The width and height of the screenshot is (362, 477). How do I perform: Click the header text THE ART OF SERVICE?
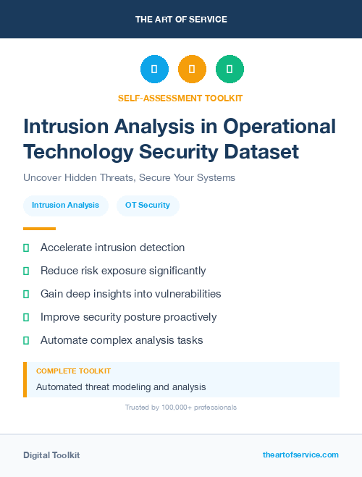(181, 19)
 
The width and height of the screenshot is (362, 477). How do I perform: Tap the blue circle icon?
(154, 69)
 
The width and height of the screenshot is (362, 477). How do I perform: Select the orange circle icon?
(192, 69)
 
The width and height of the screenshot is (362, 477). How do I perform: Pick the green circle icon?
(230, 69)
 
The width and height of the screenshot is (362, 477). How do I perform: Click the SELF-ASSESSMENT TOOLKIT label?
(181, 98)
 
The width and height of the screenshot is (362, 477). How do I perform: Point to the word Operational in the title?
(279, 127)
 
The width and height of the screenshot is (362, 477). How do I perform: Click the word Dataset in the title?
(261, 152)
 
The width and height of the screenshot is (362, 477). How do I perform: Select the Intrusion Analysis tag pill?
(66, 206)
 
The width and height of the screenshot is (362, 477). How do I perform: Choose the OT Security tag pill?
(148, 206)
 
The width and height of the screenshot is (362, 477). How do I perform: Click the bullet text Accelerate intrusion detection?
(112, 248)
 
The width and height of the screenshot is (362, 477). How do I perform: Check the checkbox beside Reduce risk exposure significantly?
(26, 271)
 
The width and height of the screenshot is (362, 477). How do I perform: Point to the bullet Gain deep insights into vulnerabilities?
(130, 294)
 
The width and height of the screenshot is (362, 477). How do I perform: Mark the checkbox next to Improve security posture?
(26, 317)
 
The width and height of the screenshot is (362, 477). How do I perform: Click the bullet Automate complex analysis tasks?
(122, 340)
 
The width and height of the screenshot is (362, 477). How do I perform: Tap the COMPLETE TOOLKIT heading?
(73, 371)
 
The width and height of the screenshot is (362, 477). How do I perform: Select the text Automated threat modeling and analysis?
(121, 387)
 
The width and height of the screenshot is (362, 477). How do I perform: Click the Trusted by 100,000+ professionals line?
(181, 408)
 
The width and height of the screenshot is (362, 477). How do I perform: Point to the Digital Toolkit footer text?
(51, 455)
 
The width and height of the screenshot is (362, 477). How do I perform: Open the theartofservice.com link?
(300, 455)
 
